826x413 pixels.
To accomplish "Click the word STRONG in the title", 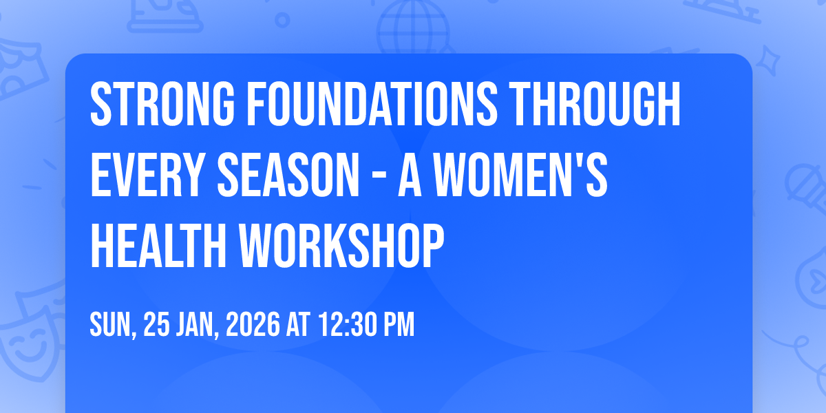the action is pos(162,104).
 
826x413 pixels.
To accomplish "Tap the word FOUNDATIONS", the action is pos(372,104).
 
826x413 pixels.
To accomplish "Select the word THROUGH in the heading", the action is pos(594,104).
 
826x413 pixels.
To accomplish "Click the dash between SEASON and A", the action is pos(379,177).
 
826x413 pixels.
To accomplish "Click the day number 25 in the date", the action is pos(156,324).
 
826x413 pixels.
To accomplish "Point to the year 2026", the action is pos(253,324).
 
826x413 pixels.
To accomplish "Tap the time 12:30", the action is pos(348,324).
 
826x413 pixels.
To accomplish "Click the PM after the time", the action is pos(399,324).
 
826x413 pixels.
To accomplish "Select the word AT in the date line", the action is pos(298,324).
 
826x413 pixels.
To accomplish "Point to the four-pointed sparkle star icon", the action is pos(767,61).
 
